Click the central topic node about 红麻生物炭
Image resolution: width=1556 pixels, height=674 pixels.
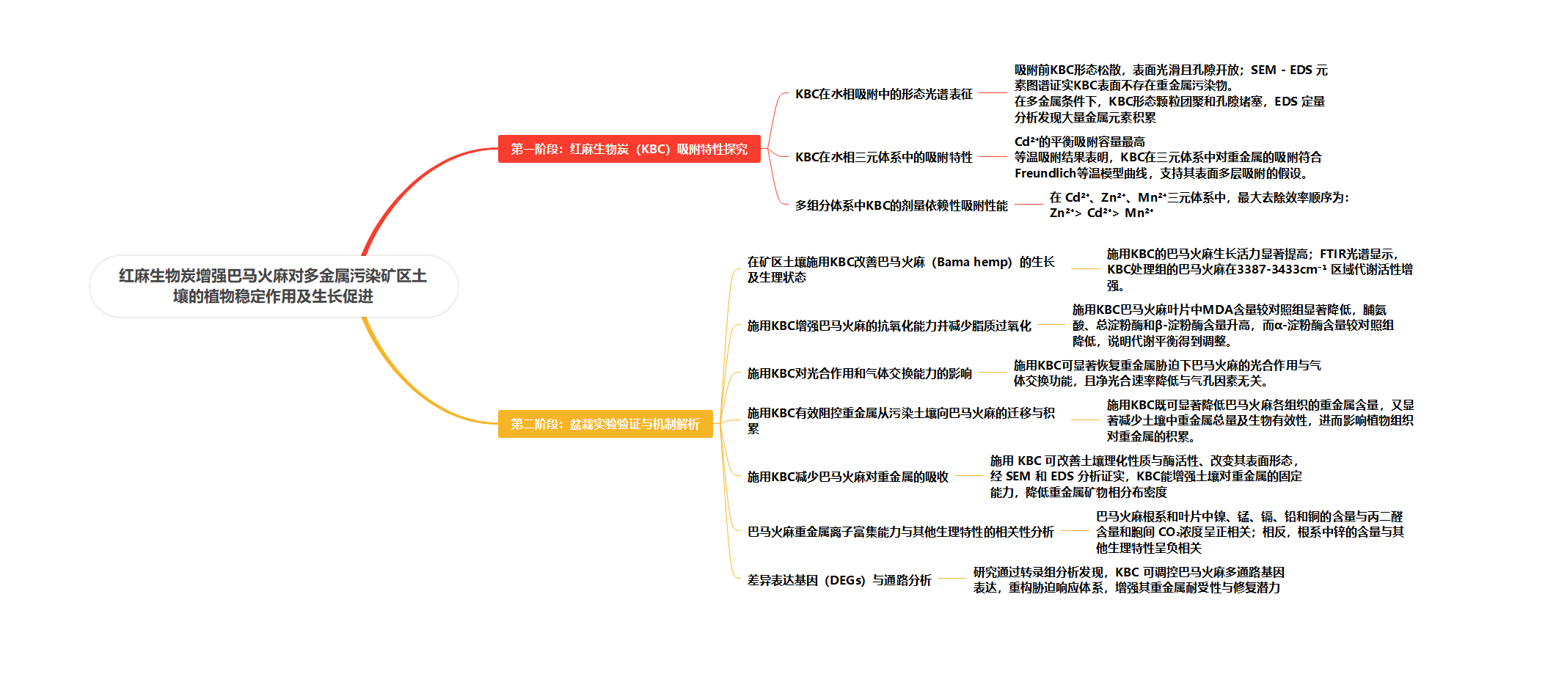pos(274,286)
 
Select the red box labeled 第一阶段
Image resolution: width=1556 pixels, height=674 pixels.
pos(629,149)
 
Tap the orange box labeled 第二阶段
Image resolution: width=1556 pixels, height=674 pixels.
pos(605,424)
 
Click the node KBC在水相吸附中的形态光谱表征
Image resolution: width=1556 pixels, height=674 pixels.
pos(884,94)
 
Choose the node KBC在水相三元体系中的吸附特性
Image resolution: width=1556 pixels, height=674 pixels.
pos(884,157)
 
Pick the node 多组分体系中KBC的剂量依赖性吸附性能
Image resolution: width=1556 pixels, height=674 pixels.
pos(902,205)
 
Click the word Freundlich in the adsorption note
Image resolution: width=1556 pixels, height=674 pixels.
pos(1045,173)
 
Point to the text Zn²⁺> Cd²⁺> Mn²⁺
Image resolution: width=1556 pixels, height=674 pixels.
pos(1102,213)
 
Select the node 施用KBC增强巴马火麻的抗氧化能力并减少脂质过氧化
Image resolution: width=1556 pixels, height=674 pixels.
pos(889,326)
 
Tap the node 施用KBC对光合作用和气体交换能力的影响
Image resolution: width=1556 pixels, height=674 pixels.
pos(860,373)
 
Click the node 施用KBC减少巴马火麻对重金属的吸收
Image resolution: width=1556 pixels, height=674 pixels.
pos(848,477)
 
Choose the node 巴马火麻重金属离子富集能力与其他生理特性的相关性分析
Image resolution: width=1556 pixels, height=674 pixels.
pos(901,532)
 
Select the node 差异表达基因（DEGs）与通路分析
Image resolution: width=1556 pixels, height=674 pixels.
pos(839,580)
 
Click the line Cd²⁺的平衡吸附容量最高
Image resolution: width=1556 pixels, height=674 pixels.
pos(1079,142)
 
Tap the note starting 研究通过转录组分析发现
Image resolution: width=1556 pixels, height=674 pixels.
pos(1128,579)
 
